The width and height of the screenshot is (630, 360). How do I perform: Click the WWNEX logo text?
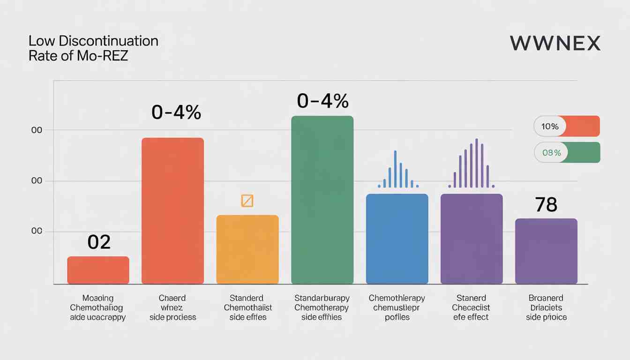coord(555,43)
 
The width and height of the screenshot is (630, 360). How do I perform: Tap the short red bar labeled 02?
coord(98,270)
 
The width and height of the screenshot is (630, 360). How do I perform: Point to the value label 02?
coord(99,242)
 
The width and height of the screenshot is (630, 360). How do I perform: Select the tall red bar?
coord(172,211)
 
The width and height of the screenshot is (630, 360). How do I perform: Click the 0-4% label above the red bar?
coord(176,112)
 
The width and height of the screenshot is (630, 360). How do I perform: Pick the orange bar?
coord(247,249)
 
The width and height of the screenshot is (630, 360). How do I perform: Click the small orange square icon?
coord(247,201)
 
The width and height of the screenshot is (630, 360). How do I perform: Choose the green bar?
coord(322,200)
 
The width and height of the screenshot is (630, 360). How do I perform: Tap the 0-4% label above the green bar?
coord(322,100)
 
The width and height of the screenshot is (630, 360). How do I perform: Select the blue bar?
coord(397,239)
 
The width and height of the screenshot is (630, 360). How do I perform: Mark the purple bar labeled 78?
coord(546,251)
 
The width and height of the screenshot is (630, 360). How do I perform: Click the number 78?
coord(546,205)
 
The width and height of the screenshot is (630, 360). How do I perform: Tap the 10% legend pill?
coord(567,126)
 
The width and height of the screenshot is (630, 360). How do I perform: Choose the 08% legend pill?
coord(567,152)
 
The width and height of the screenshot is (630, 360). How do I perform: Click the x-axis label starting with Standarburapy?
coord(322,307)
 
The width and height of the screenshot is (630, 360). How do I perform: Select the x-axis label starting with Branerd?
coord(546,307)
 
